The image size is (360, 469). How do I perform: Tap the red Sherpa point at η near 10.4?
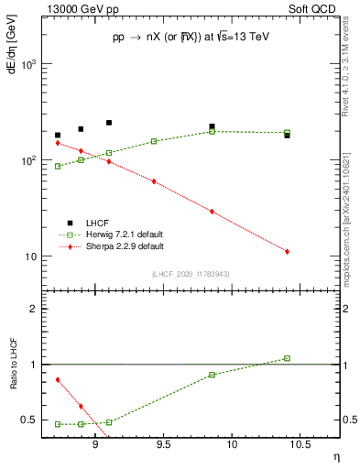point(287,251)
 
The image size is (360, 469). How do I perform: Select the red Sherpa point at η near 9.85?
point(212,211)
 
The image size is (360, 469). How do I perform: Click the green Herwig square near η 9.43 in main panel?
point(153,141)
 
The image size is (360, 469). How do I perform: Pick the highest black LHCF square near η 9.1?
point(108,122)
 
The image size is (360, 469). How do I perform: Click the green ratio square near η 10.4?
point(287,358)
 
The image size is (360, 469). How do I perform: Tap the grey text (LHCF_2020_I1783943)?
point(191,274)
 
